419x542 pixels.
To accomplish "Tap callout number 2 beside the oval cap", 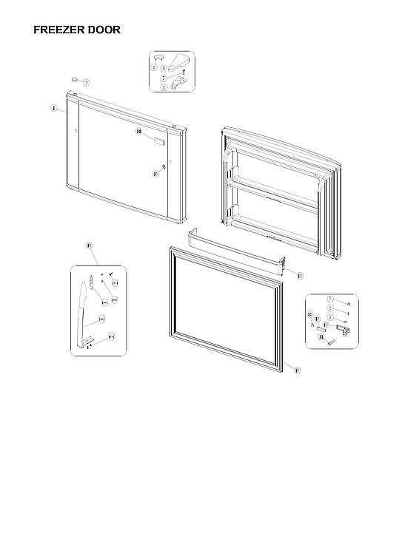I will pyautogui.click(x=87, y=83).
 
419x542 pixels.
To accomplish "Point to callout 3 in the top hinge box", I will pyautogui.click(x=154, y=68).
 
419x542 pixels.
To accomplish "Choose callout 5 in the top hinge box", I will pyautogui.click(x=164, y=78).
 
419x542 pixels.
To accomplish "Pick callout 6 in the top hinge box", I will pyautogui.click(x=164, y=87).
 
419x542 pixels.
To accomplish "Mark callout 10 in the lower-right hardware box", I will pyautogui.click(x=325, y=325).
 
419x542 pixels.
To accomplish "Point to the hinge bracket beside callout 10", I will pyautogui.click(x=342, y=326).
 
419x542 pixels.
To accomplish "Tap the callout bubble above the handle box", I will pyautogui.click(x=89, y=245).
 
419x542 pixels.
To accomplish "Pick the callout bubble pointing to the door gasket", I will pyautogui.click(x=296, y=370).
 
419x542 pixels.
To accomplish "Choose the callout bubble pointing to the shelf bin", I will pyautogui.click(x=299, y=275).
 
